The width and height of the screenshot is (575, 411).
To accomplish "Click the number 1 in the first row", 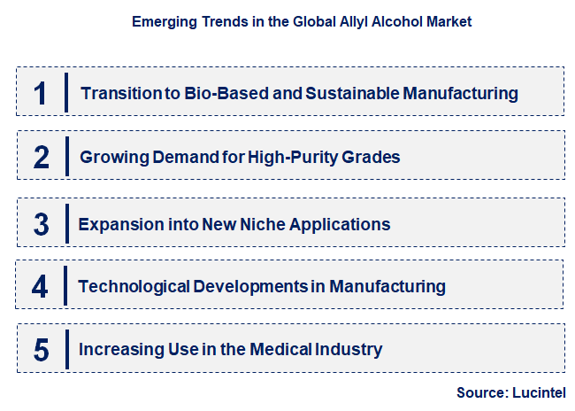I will click(x=40, y=92).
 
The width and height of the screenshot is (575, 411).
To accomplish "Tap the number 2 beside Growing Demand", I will click(x=42, y=158).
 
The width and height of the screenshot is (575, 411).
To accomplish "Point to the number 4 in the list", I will click(x=41, y=286).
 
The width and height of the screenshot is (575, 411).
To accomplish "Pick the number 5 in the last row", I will click(x=42, y=349).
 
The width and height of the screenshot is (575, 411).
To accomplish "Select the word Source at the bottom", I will click(x=479, y=392).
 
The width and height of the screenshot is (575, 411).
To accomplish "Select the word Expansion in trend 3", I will click(x=116, y=224).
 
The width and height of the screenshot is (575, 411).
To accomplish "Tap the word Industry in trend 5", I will click(x=349, y=349).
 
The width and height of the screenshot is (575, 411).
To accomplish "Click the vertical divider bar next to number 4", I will click(x=66, y=286).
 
